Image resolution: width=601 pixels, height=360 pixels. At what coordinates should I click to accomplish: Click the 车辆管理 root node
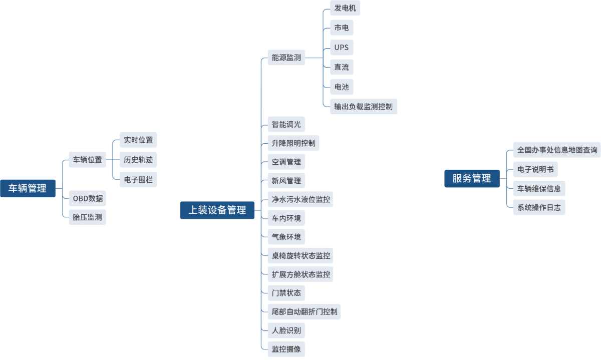pos(28,188)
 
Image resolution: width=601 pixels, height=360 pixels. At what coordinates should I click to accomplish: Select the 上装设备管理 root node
pos(217,210)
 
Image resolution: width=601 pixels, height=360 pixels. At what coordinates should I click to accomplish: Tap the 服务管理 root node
pos(471,178)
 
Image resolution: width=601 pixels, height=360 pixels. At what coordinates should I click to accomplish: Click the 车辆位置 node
pos(88,160)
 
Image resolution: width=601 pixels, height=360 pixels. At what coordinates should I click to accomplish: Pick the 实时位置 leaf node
pos(138,140)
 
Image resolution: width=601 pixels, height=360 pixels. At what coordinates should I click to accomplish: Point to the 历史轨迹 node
pos(138,160)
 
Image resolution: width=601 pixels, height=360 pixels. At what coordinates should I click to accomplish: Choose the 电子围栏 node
pos(138,179)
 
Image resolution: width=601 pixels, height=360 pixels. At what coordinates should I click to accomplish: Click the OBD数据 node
pos(88,198)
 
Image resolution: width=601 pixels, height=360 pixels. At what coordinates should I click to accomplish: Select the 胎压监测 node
pos(88,217)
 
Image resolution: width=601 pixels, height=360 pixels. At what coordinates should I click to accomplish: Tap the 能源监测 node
pos(286,58)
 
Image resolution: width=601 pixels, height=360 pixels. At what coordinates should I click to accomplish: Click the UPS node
pos(342,48)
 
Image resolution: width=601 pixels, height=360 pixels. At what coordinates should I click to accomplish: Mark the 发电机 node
pos(345,8)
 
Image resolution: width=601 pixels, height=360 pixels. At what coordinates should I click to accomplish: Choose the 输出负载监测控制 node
pos(363,106)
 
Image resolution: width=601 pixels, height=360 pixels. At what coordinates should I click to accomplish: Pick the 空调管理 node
pos(286,162)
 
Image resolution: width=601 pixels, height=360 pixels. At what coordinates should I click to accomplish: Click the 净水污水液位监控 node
pos(301,199)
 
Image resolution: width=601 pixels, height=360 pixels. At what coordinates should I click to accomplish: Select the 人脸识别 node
pos(286,330)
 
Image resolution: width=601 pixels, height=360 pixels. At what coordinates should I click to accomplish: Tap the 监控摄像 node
pos(286,349)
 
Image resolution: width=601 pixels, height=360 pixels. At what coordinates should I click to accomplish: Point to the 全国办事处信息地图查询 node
pos(557,150)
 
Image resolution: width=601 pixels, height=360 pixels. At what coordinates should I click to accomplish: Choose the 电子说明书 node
pos(535,169)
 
